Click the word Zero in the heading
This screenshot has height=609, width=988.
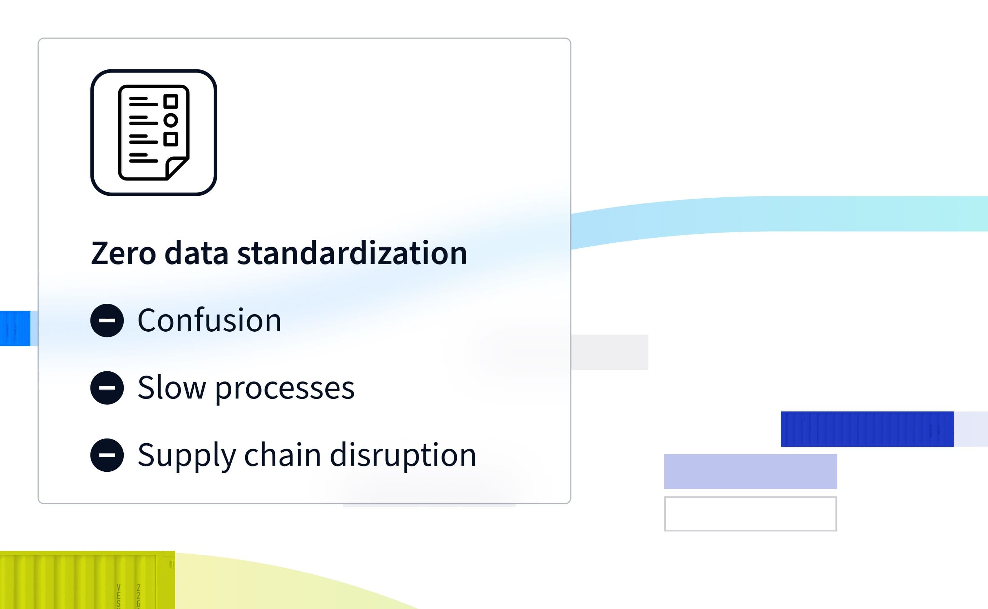(x=123, y=253)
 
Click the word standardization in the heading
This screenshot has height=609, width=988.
(x=352, y=253)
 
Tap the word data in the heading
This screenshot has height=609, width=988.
(x=197, y=253)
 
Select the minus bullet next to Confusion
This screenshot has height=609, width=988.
(x=107, y=321)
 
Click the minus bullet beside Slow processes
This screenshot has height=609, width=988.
(x=107, y=388)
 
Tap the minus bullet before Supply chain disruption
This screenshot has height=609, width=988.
(x=107, y=455)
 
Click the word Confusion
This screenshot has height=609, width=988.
(x=209, y=321)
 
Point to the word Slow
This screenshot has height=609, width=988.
(x=172, y=388)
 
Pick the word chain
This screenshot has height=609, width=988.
(x=282, y=455)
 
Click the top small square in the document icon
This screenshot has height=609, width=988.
(x=171, y=101)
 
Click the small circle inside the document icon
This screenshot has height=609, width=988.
(x=171, y=120)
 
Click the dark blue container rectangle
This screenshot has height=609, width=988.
(x=867, y=429)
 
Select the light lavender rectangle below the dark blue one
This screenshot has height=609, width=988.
(x=750, y=471)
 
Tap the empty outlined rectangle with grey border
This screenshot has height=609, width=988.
(x=750, y=514)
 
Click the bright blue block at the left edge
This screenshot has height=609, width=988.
(x=15, y=328)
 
